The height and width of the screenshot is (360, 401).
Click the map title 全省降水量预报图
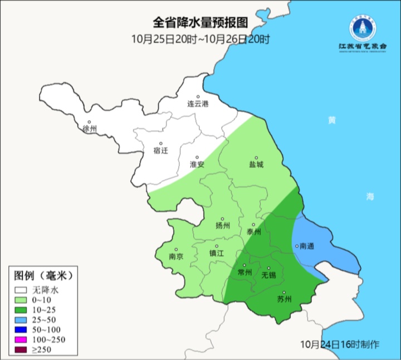coord(200,23)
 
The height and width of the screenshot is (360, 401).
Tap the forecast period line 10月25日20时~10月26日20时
coord(200,39)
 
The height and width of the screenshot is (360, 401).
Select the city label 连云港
coord(197,104)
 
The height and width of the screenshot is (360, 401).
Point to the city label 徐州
coord(90,129)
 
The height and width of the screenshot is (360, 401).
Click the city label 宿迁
coord(160,150)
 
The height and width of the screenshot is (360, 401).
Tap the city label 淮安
coord(197,164)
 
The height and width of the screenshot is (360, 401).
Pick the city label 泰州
coord(253,231)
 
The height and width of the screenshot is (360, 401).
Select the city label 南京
coord(176,256)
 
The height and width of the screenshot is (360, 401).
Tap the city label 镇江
coord(216,252)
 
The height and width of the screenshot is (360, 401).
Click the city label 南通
coord(306,246)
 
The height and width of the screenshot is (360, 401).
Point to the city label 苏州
coord(284,300)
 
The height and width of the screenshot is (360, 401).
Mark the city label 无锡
coord(268,275)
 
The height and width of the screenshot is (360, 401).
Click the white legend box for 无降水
coord(21,290)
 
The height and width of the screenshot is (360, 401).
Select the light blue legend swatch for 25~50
coord(21,320)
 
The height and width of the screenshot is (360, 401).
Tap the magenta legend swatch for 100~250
coord(21,340)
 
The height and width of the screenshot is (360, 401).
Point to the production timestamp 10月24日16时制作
coord(340,343)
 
